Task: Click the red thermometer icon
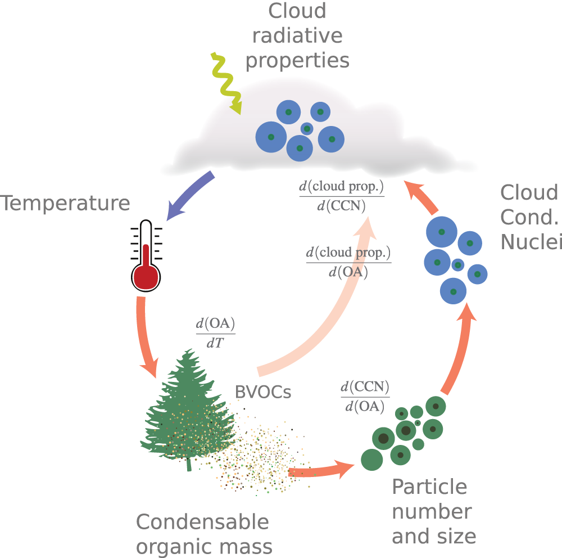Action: click(x=146, y=256)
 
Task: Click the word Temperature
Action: click(x=65, y=203)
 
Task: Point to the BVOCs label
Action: click(x=263, y=391)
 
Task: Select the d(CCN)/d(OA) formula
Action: click(x=365, y=397)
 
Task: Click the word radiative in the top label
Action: click(x=297, y=35)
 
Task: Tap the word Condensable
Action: click(x=202, y=522)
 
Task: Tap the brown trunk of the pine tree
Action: click(x=188, y=465)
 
